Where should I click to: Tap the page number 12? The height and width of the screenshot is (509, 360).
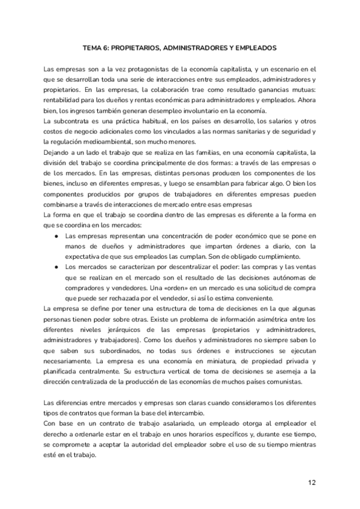tap(311, 482)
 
